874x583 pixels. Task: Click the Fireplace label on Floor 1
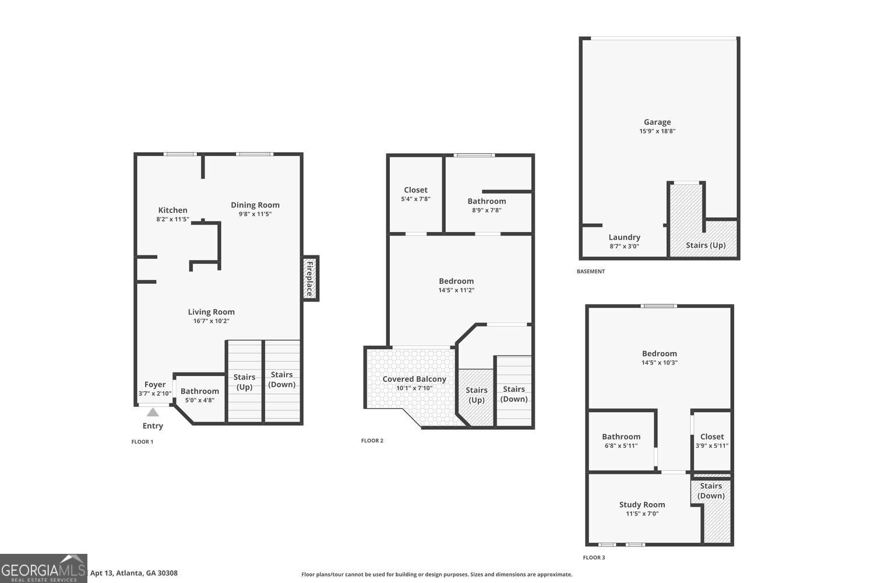click(x=310, y=279)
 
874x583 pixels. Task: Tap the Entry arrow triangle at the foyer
click(x=152, y=412)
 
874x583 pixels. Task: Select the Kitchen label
click(x=172, y=210)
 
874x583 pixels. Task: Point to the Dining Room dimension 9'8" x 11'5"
click(x=255, y=214)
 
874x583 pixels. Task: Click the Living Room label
click(x=211, y=312)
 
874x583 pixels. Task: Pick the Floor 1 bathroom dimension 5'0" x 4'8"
click(x=200, y=401)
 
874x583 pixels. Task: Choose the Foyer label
click(x=155, y=385)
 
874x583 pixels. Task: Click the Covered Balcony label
click(x=414, y=379)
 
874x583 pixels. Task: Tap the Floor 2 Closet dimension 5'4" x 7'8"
click(x=415, y=199)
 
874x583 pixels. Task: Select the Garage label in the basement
click(x=657, y=122)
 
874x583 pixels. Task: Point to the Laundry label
click(x=624, y=237)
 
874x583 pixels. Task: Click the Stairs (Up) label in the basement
click(x=706, y=245)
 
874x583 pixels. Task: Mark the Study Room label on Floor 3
click(x=642, y=505)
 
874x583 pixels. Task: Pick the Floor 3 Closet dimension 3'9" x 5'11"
click(x=712, y=446)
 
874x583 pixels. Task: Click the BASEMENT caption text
click(x=591, y=271)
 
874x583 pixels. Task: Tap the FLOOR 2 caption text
click(x=372, y=441)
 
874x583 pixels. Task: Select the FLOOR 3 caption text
click(x=594, y=558)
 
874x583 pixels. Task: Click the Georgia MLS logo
click(x=44, y=568)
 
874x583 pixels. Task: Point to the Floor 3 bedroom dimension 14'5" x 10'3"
click(x=660, y=363)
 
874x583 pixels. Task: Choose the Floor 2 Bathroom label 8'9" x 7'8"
click(x=487, y=202)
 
